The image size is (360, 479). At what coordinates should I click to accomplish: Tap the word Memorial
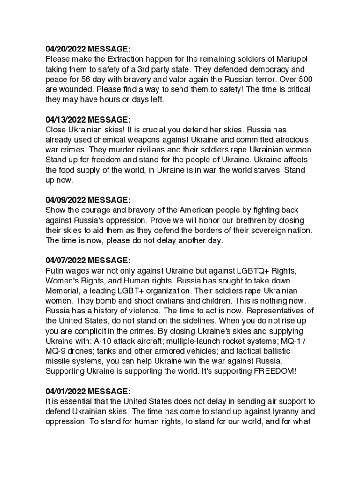[62, 290]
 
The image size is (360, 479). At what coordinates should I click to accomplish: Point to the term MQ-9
[57, 351]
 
